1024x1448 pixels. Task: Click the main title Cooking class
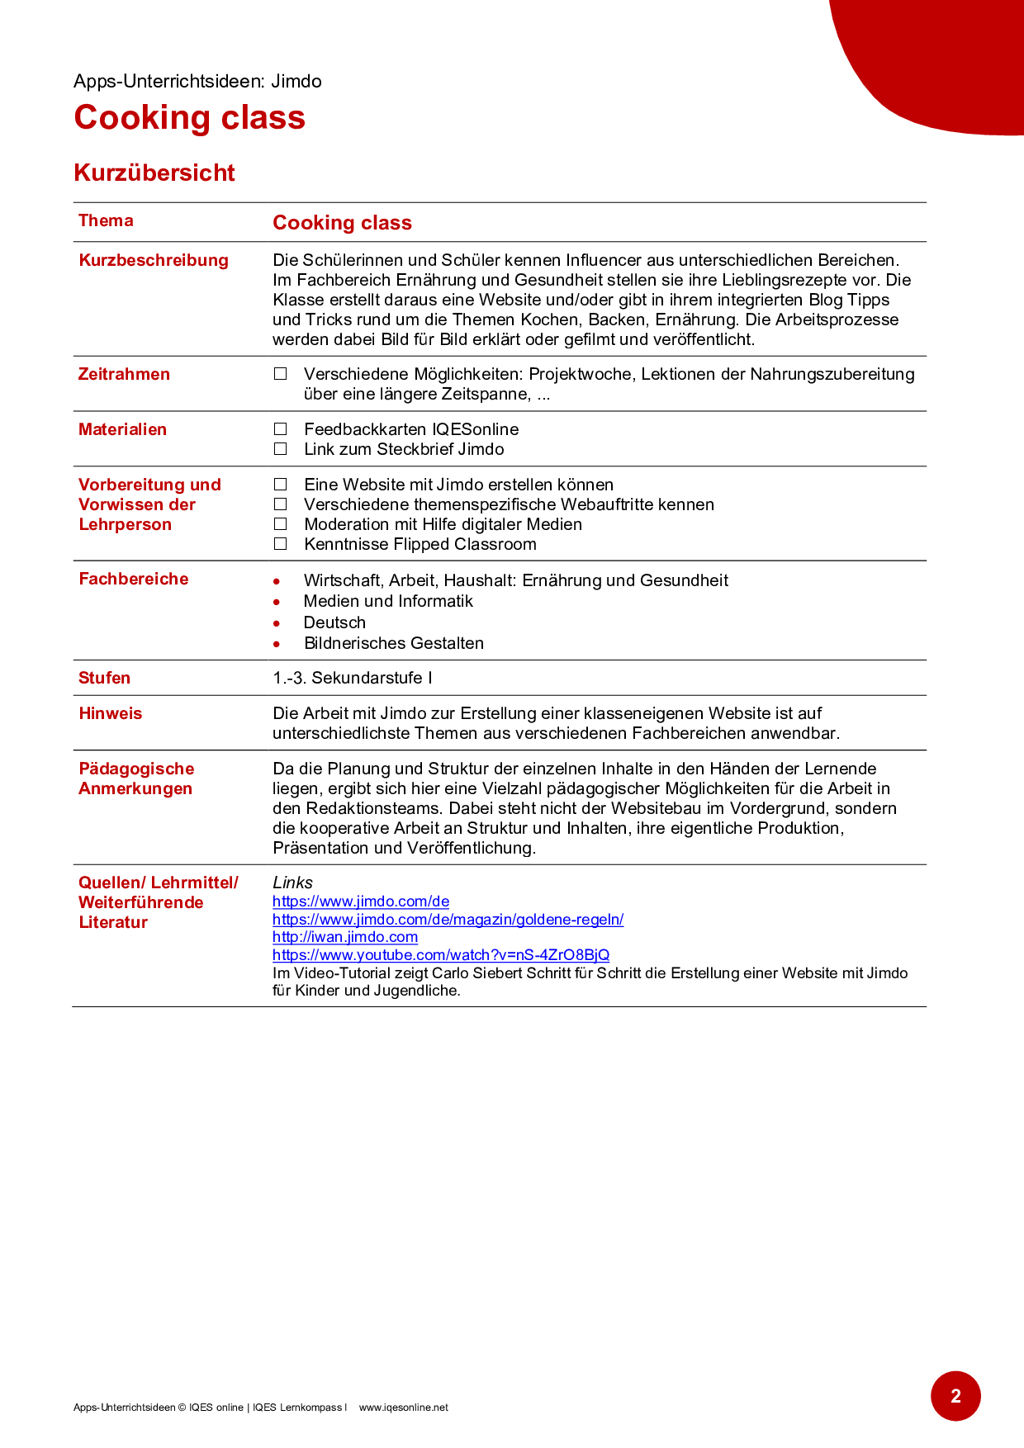pos(189,117)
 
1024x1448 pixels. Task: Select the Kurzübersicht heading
pos(154,173)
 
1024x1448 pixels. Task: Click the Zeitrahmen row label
pos(124,374)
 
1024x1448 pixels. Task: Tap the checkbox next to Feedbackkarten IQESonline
pos(281,429)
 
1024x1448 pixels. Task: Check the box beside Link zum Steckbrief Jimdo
pos(281,449)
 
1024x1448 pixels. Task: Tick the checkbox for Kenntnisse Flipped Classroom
pos(281,544)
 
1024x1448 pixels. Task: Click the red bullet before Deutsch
pos(277,623)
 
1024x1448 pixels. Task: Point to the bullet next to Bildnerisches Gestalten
pos(277,644)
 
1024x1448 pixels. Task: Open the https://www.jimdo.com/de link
pos(361,901)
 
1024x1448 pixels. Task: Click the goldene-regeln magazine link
pos(448,920)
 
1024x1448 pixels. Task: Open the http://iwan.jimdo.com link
pos(345,937)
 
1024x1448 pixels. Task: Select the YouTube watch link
pos(441,955)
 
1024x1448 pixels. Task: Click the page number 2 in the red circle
pos(955,1396)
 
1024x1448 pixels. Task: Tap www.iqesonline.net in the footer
pos(403,1408)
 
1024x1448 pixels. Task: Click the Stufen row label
pos(104,678)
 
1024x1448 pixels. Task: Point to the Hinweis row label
pos(110,713)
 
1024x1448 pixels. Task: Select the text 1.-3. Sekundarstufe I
pos(353,678)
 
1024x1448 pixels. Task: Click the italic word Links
pos(292,883)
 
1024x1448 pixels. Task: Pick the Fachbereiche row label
pos(133,579)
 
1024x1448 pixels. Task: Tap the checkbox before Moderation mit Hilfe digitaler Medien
pos(281,524)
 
